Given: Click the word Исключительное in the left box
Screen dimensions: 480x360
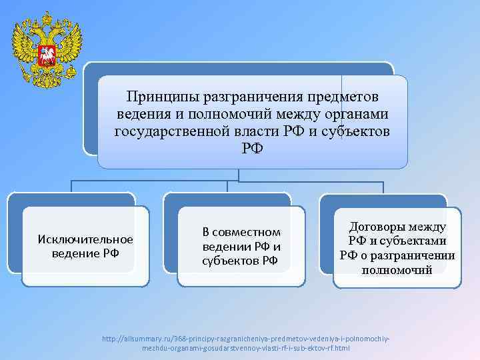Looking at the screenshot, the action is [86, 239].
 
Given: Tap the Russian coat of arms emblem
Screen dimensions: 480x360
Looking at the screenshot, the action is [47, 44].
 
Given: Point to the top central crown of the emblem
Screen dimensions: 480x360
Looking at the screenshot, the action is [47, 16].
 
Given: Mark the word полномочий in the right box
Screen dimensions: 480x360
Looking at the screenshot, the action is [397, 270].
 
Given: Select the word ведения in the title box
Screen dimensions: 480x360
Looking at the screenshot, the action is [141, 115].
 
